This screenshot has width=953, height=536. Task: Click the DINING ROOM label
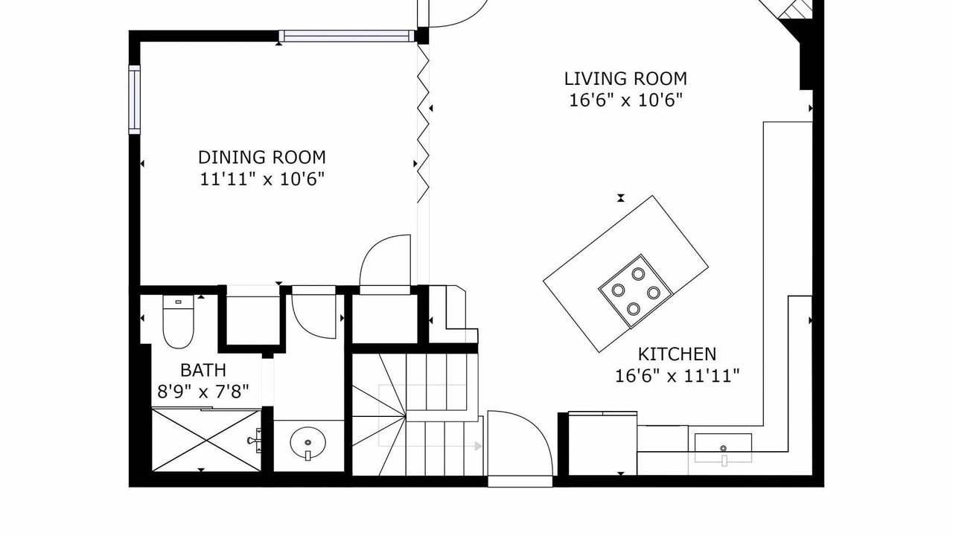pos(262,157)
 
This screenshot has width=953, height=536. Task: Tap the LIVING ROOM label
pos(625,79)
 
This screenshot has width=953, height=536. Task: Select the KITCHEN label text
pos(678,354)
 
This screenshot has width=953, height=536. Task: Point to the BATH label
pos(203,370)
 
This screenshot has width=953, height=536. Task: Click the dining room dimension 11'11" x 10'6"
pos(262,179)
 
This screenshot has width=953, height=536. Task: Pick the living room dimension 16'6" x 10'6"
pos(626,100)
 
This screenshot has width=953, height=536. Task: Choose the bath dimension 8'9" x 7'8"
pos(203,392)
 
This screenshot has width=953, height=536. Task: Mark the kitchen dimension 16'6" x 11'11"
pos(678,376)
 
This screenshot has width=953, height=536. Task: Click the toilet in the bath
pos(178,322)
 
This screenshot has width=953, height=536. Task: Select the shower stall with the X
pos(206,440)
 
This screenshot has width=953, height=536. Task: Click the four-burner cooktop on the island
pos(636,291)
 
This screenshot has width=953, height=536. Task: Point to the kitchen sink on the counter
pos(723,448)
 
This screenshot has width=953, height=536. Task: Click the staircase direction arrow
pos(479,446)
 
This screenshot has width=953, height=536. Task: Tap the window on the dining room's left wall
pos(135,100)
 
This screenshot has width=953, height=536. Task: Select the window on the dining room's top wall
pos(347,36)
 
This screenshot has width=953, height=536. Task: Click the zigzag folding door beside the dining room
pos(423,124)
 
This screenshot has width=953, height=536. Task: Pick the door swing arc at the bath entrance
pos(314,315)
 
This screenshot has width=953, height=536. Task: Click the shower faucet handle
pos(255,441)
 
